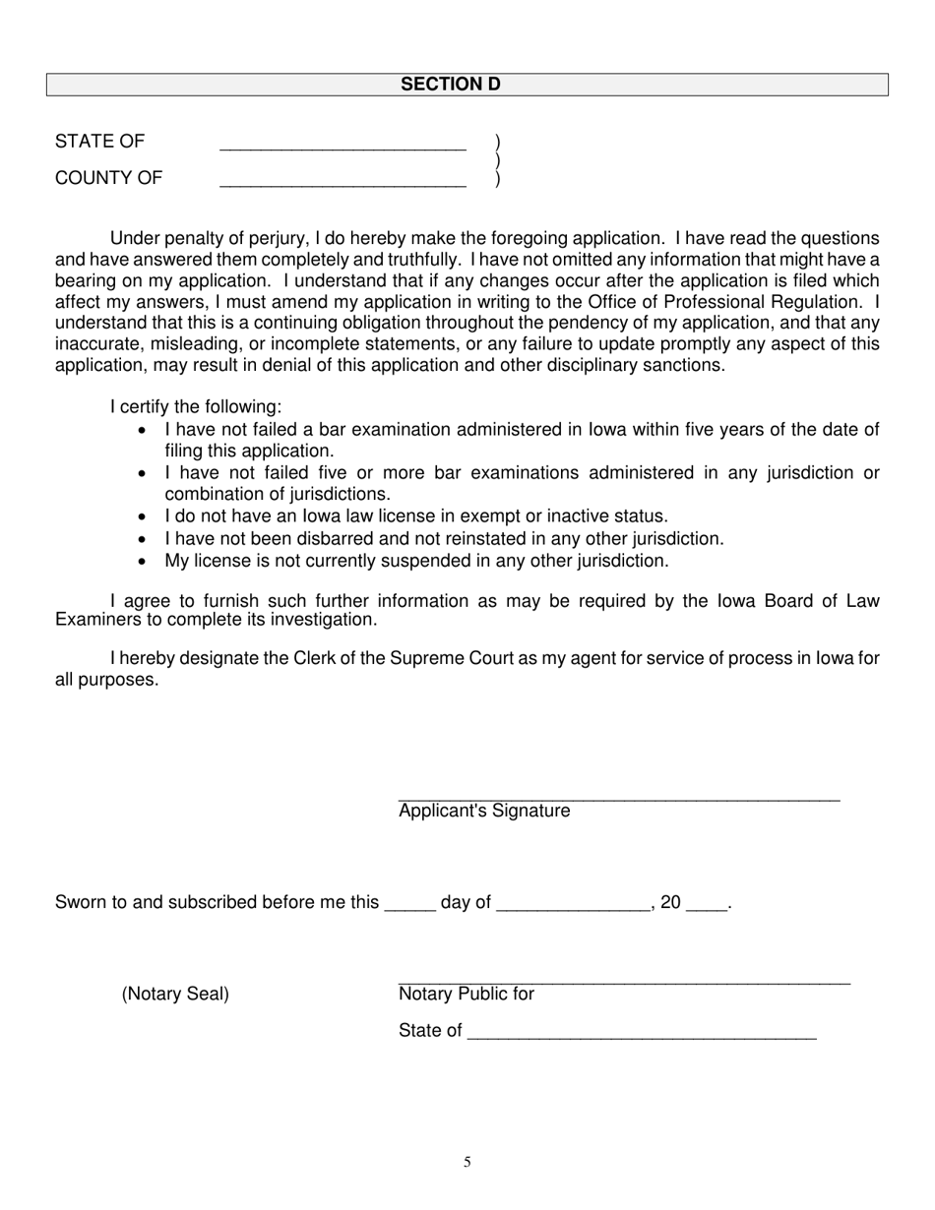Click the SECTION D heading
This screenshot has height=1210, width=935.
[x=450, y=85]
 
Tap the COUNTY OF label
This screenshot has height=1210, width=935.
[x=109, y=178]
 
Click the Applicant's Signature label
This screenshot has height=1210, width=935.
[x=484, y=812]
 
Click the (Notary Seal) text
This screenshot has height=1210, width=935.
[x=175, y=995]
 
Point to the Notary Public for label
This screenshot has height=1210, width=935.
[x=467, y=995]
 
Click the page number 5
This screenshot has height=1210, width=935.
[x=467, y=1163]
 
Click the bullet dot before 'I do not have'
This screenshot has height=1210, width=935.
[x=145, y=517]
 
